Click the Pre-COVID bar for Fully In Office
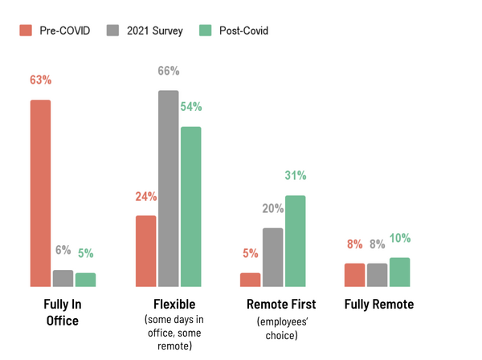tap(40, 193)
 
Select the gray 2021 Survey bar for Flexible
tap(168, 188)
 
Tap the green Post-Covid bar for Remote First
tap(295, 240)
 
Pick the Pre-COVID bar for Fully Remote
tap(354, 274)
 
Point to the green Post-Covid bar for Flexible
tap(190, 206)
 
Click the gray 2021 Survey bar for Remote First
tap(272, 256)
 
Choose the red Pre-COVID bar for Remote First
tap(250, 279)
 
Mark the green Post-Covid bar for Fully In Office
tap(85, 279)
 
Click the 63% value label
tap(40, 80)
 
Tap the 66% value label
tap(168, 71)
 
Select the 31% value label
tap(295, 176)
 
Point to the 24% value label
tap(145, 196)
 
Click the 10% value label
tap(400, 238)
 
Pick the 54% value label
tap(191, 107)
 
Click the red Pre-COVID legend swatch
tap(25, 31)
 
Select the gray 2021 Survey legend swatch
tap(112, 31)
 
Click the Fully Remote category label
tap(378, 305)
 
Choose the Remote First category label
tap(281, 305)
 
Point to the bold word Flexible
tap(174, 305)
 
